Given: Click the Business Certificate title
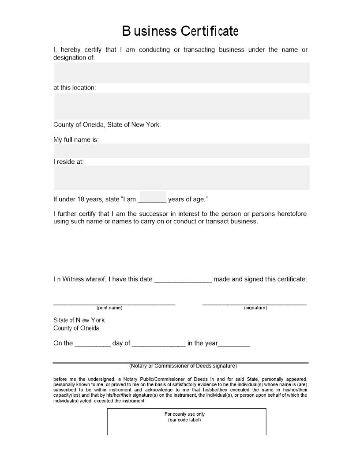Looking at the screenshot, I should (180, 31).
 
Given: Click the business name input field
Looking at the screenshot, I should (181, 73).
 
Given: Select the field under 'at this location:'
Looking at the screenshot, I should (181, 106).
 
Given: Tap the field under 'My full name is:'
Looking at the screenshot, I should (181, 150).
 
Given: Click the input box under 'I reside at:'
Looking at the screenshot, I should (181, 177).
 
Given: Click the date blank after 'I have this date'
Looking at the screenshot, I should (183, 279).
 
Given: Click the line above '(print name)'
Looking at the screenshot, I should (114, 303).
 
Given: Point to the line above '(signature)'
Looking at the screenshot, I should (255, 303).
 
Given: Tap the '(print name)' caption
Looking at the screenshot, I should (109, 308).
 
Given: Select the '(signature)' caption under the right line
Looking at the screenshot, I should (255, 308).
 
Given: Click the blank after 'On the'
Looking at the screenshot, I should (93, 343).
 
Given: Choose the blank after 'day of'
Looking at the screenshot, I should (159, 343).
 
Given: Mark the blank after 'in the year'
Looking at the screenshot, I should (234, 343).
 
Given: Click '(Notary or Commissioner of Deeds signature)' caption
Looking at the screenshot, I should (183, 366).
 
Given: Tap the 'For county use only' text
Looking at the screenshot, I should (184, 414).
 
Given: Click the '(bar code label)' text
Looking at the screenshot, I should (184, 420).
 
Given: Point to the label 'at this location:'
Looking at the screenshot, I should (75, 87).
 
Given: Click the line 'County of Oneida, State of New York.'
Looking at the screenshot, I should (107, 124).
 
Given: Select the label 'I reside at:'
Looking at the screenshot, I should (68, 162).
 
